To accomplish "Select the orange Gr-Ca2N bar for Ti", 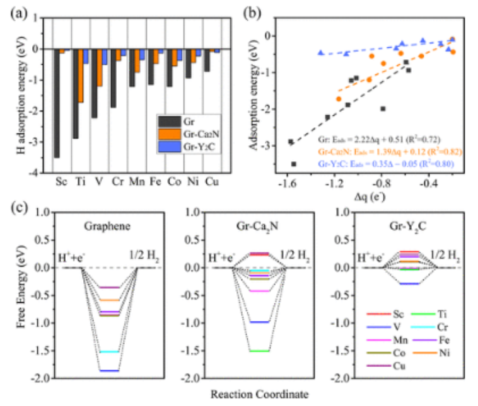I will click(x=80, y=76).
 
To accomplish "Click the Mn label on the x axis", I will click(x=133, y=183).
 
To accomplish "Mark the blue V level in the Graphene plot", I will click(x=109, y=371).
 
